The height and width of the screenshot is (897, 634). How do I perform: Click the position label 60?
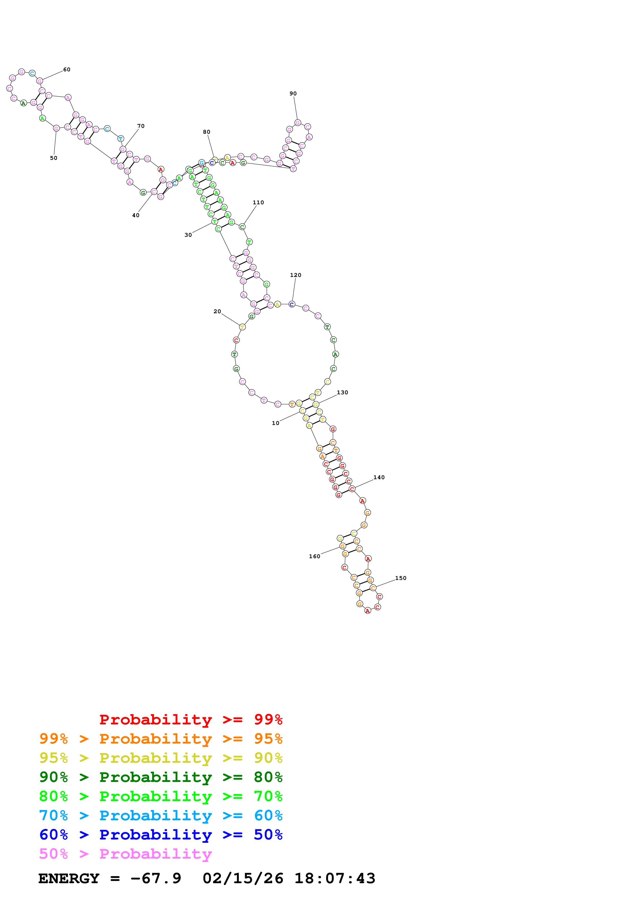pyautogui.click(x=67, y=70)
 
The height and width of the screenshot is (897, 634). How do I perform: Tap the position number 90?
pyautogui.click(x=293, y=94)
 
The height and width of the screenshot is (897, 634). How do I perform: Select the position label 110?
pyautogui.click(x=258, y=202)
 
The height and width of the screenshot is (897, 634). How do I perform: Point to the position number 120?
pyautogui.click(x=296, y=275)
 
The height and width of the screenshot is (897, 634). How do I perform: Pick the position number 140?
pyautogui.click(x=379, y=477)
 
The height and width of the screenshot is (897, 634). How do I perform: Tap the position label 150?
pyautogui.click(x=401, y=578)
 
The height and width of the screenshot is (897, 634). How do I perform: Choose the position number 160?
pyautogui.click(x=315, y=556)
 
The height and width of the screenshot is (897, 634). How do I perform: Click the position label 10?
pyautogui.click(x=275, y=423)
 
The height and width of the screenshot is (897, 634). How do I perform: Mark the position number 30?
pyautogui.click(x=188, y=235)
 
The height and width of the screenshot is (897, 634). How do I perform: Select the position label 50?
pyautogui.click(x=53, y=158)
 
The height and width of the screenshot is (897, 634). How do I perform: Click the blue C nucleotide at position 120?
pyautogui.click(x=292, y=304)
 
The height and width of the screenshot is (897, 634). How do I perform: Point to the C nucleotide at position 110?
pyautogui.click(x=242, y=227)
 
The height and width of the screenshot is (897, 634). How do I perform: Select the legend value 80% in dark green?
pyautogui.click(x=268, y=777)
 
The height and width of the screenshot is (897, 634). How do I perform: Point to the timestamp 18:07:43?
pyautogui.click(x=335, y=879)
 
